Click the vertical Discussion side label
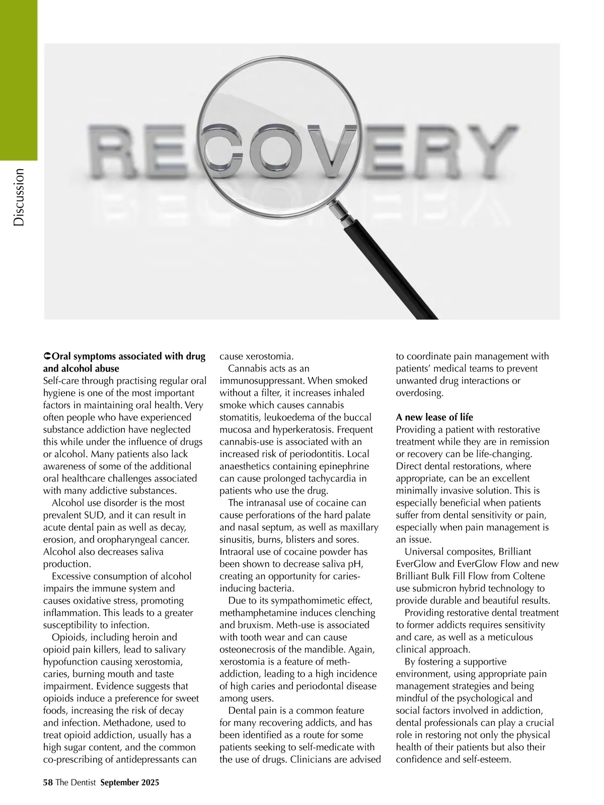tap(19, 197)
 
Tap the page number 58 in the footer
tap(48, 782)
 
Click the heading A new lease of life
tap(434, 417)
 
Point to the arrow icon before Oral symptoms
tap(47, 356)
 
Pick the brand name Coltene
tap(527, 576)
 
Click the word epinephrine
tap(339, 466)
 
